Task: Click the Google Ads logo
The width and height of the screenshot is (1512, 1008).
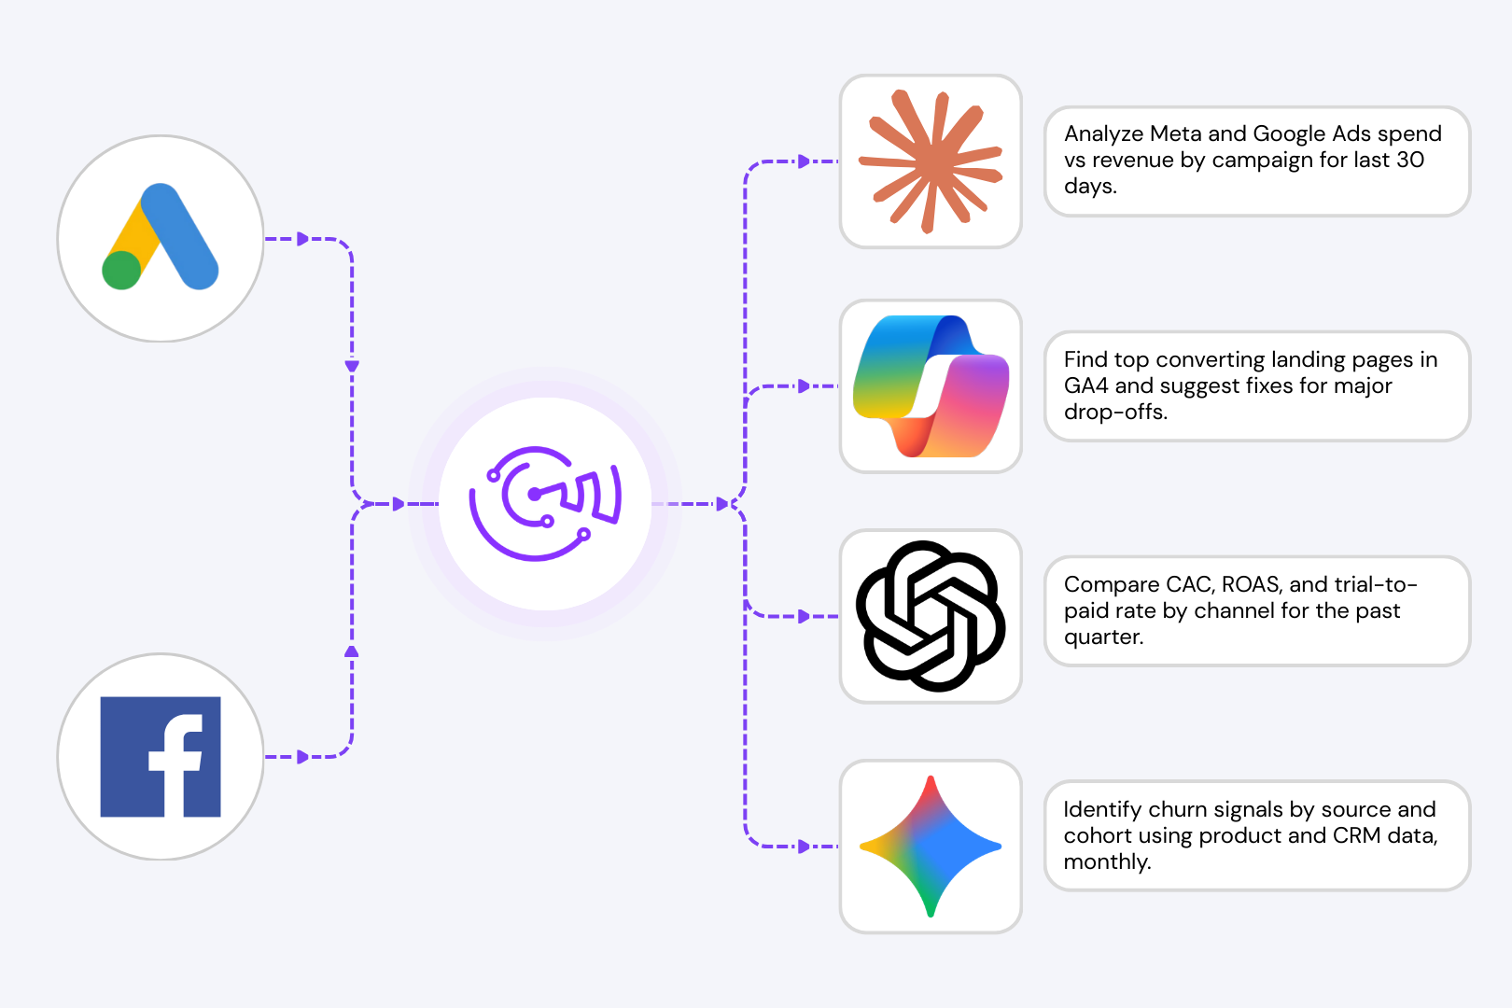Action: [161, 238]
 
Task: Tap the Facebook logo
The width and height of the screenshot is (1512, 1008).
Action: [161, 757]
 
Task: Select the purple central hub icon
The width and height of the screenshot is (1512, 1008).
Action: [546, 504]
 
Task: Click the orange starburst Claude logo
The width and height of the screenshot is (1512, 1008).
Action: [931, 161]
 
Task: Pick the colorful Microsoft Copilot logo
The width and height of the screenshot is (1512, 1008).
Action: [931, 386]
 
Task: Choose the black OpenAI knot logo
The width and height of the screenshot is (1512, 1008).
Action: [931, 616]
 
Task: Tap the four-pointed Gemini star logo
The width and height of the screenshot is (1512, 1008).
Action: [931, 847]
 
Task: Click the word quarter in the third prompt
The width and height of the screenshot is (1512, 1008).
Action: [1103, 637]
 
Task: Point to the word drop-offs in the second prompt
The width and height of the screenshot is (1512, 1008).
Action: [1115, 413]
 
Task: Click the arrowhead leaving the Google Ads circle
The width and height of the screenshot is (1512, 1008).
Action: [302, 239]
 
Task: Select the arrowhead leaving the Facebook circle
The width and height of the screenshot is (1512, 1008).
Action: [302, 757]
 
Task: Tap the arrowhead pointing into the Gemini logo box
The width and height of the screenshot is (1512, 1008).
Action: [804, 847]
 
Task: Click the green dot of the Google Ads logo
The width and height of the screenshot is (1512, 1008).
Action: [121, 271]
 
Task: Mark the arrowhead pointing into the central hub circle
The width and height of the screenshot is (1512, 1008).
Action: [399, 504]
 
